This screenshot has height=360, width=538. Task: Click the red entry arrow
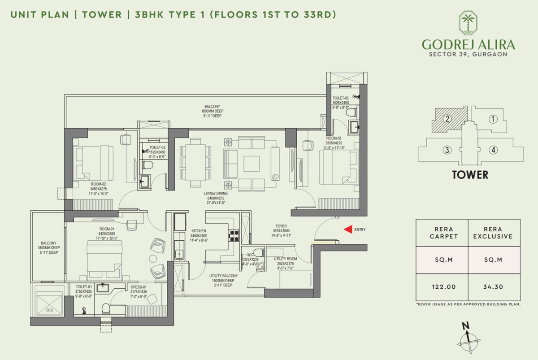pyautogui.click(x=347, y=230)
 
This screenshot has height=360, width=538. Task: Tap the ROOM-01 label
pyautogui.click(x=107, y=229)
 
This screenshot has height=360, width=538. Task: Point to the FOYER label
pyautogui.click(x=282, y=226)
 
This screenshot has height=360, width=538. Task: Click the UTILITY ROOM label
pyautogui.click(x=286, y=259)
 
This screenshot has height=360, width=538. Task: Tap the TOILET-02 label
pyautogui.click(x=157, y=147)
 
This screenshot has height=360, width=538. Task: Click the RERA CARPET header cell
pyautogui.click(x=442, y=233)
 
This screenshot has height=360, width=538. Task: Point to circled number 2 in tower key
pyautogui.click(x=447, y=119)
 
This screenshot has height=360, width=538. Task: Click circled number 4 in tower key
pyautogui.click(x=493, y=150)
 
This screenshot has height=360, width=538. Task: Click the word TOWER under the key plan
pyautogui.click(x=470, y=175)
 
